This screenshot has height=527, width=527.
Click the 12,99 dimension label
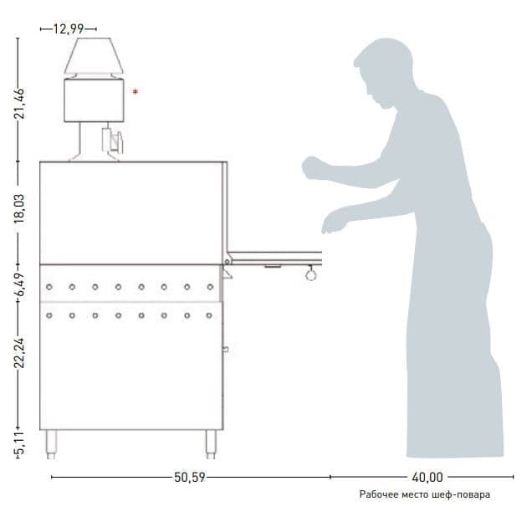[69, 29]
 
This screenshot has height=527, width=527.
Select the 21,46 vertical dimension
[20, 104]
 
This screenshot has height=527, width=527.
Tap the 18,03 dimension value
[19, 209]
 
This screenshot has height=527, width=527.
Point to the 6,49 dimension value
[20, 284]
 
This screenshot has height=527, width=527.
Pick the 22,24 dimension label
[20, 353]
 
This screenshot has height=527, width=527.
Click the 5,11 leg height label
[20, 443]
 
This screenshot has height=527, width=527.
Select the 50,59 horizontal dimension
[190, 478]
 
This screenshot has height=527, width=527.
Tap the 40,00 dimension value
[427, 478]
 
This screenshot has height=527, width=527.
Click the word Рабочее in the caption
[378, 494]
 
